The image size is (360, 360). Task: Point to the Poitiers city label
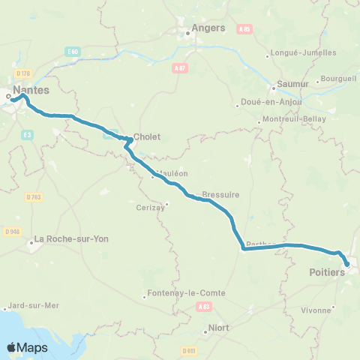pos(327,272)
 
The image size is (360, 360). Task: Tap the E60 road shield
pos(72,51)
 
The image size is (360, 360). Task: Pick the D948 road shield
pos(11,230)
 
